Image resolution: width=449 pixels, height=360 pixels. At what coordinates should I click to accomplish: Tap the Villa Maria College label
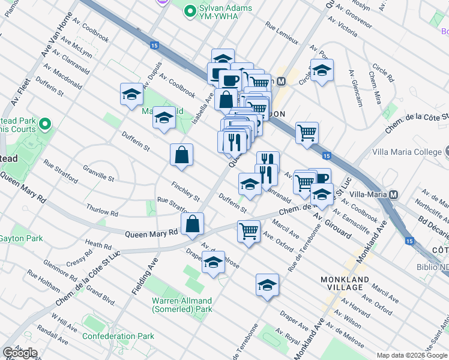click(406, 152)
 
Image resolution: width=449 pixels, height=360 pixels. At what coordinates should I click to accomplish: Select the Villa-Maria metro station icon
click(394, 195)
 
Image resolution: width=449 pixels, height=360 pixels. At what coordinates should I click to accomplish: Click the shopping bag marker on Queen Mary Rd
click(191, 226)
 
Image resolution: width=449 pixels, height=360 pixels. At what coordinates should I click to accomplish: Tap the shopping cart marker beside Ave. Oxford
click(249, 231)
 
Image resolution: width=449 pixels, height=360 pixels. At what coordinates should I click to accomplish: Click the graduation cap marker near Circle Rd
click(322, 71)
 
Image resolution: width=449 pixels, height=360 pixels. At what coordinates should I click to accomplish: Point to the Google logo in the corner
click(20, 352)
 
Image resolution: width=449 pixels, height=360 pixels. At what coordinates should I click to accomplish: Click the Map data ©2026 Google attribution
click(412, 355)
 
